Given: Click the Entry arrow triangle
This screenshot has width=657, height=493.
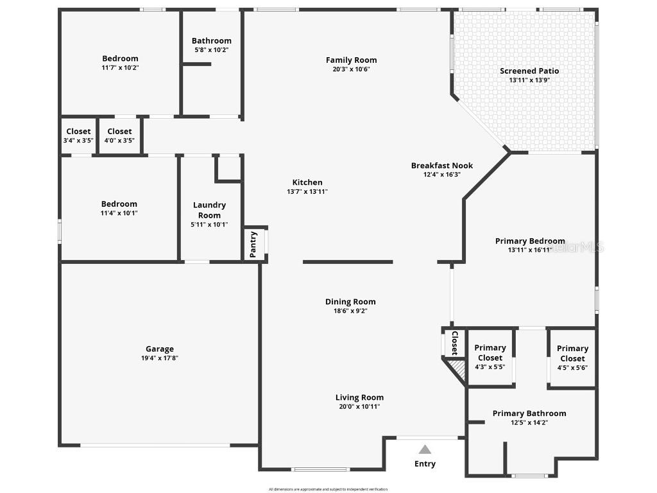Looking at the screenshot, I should click(x=425, y=449).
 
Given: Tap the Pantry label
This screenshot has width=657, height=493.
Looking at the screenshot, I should click(x=253, y=245).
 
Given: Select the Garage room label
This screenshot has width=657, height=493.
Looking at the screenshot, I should click(x=159, y=349).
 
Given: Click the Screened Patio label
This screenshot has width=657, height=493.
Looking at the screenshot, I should click(x=529, y=71).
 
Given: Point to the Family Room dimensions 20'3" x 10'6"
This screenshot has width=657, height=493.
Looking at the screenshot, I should click(x=351, y=69).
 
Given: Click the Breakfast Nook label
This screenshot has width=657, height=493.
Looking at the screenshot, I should click(x=442, y=166).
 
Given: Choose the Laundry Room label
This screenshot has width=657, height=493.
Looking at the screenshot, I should click(x=209, y=210).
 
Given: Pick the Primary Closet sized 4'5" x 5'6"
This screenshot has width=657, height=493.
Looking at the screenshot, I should click(x=572, y=354).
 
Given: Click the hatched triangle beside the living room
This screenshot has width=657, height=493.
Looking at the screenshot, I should click(x=457, y=368).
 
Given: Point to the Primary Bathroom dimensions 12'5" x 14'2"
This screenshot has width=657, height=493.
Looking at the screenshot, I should click(x=529, y=422).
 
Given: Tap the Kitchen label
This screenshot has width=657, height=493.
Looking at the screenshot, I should click(x=307, y=182).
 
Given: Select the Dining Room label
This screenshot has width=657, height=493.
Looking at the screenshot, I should click(x=350, y=302).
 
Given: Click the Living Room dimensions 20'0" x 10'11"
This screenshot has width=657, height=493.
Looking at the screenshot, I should click(x=359, y=406).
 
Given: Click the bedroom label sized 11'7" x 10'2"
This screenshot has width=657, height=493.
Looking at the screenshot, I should click(x=120, y=58).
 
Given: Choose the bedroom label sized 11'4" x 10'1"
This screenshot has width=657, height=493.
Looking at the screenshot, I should click(x=119, y=204).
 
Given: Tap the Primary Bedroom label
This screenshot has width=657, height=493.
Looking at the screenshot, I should click(x=530, y=241).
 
